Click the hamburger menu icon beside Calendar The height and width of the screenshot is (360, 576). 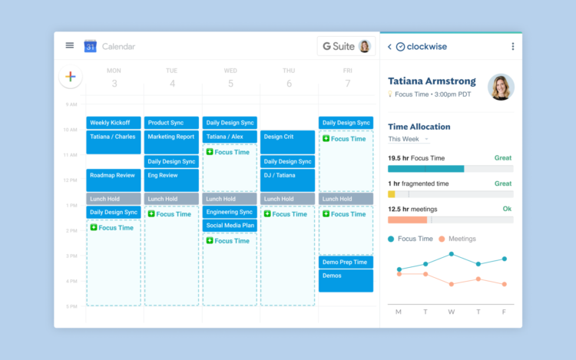[x=70, y=45]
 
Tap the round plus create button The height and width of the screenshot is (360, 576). [x=71, y=76]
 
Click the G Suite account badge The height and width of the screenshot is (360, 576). [x=346, y=46]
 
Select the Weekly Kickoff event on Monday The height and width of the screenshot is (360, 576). [x=114, y=123]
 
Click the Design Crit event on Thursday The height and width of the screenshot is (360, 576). [x=287, y=141]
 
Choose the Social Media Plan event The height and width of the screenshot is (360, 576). [x=230, y=226]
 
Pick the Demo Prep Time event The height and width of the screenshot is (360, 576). [x=346, y=262]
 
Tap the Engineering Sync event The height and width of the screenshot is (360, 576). [x=230, y=212]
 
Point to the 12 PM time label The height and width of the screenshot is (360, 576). [x=71, y=180]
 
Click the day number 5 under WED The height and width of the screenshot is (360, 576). [x=230, y=83]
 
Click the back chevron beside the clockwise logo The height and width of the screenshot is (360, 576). [x=389, y=47]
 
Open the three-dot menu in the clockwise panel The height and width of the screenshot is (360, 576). [x=513, y=47]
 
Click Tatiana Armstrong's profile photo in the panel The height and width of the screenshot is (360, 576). [x=501, y=87]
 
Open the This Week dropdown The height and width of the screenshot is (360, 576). [x=408, y=139]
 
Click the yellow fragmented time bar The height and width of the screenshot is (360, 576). [x=392, y=194]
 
